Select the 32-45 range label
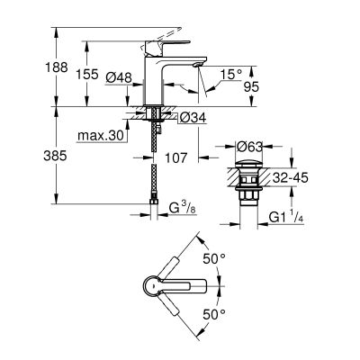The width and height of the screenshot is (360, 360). tap(292, 176)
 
